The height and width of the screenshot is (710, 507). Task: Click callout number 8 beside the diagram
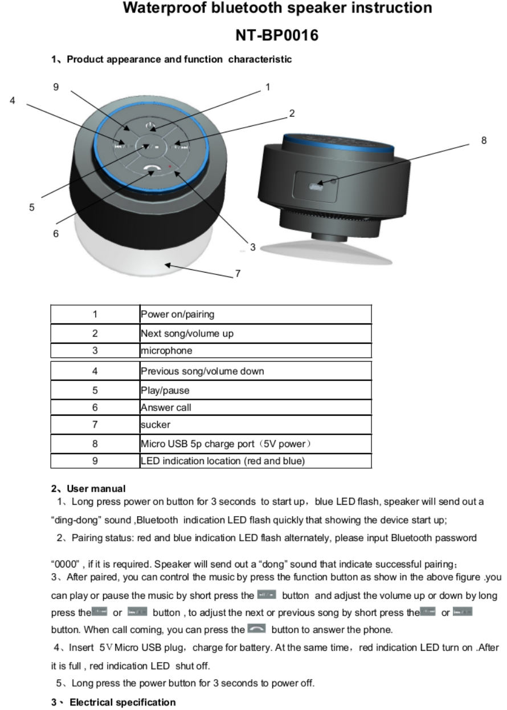[x=484, y=139]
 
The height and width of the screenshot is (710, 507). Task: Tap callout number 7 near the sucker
[x=238, y=273]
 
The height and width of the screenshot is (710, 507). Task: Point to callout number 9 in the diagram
[x=56, y=87]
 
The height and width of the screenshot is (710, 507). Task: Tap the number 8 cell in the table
[x=95, y=443]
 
